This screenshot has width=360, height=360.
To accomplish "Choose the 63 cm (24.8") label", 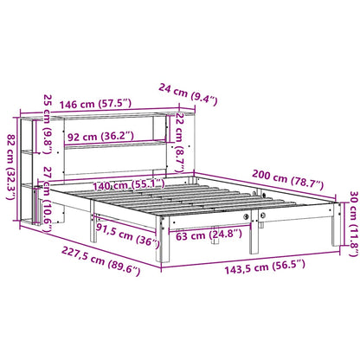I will click(x=202, y=235).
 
